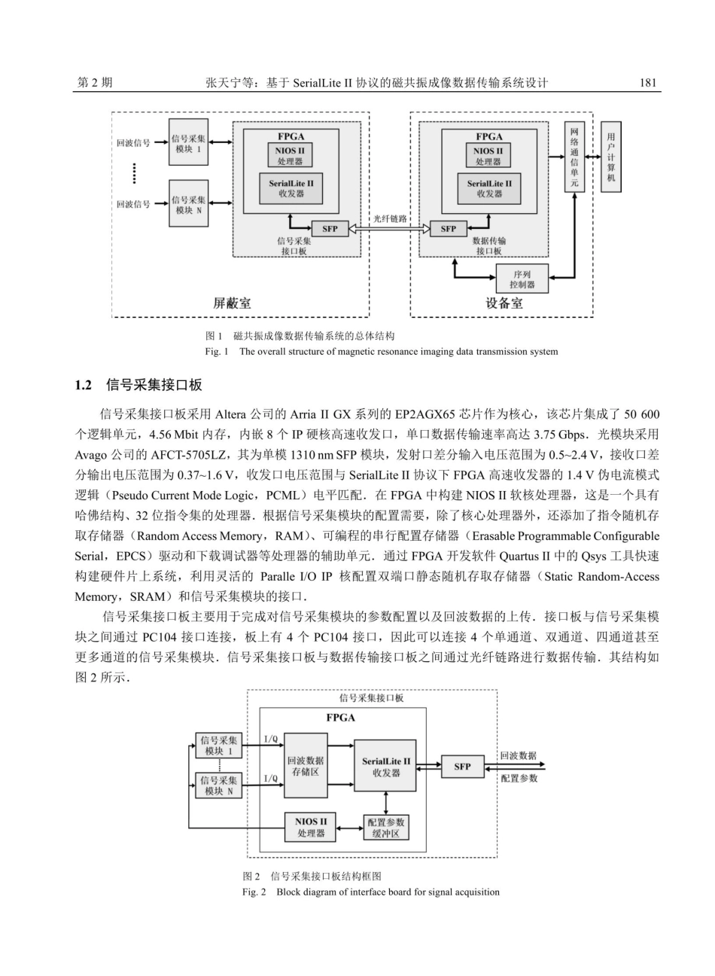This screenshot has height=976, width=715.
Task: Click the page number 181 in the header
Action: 650,83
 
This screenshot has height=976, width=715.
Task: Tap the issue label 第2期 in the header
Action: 95,83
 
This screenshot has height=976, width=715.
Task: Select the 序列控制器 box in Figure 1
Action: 522,279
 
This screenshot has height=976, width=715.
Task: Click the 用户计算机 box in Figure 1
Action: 610,157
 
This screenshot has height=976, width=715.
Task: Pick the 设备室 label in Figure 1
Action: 504,303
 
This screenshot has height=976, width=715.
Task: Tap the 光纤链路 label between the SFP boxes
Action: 390,218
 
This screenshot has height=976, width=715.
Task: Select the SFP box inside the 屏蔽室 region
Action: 330,229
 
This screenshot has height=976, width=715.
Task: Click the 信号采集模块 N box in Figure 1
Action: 188,204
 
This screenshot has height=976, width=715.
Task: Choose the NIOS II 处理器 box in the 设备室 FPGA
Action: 488,156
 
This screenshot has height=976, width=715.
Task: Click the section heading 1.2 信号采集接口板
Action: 139,386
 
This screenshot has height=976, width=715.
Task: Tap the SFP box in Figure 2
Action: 462,767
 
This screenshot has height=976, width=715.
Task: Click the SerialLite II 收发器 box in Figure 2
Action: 385,766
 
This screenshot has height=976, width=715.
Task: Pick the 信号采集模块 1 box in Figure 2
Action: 219,746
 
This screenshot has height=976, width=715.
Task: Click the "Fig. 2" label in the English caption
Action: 254,892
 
